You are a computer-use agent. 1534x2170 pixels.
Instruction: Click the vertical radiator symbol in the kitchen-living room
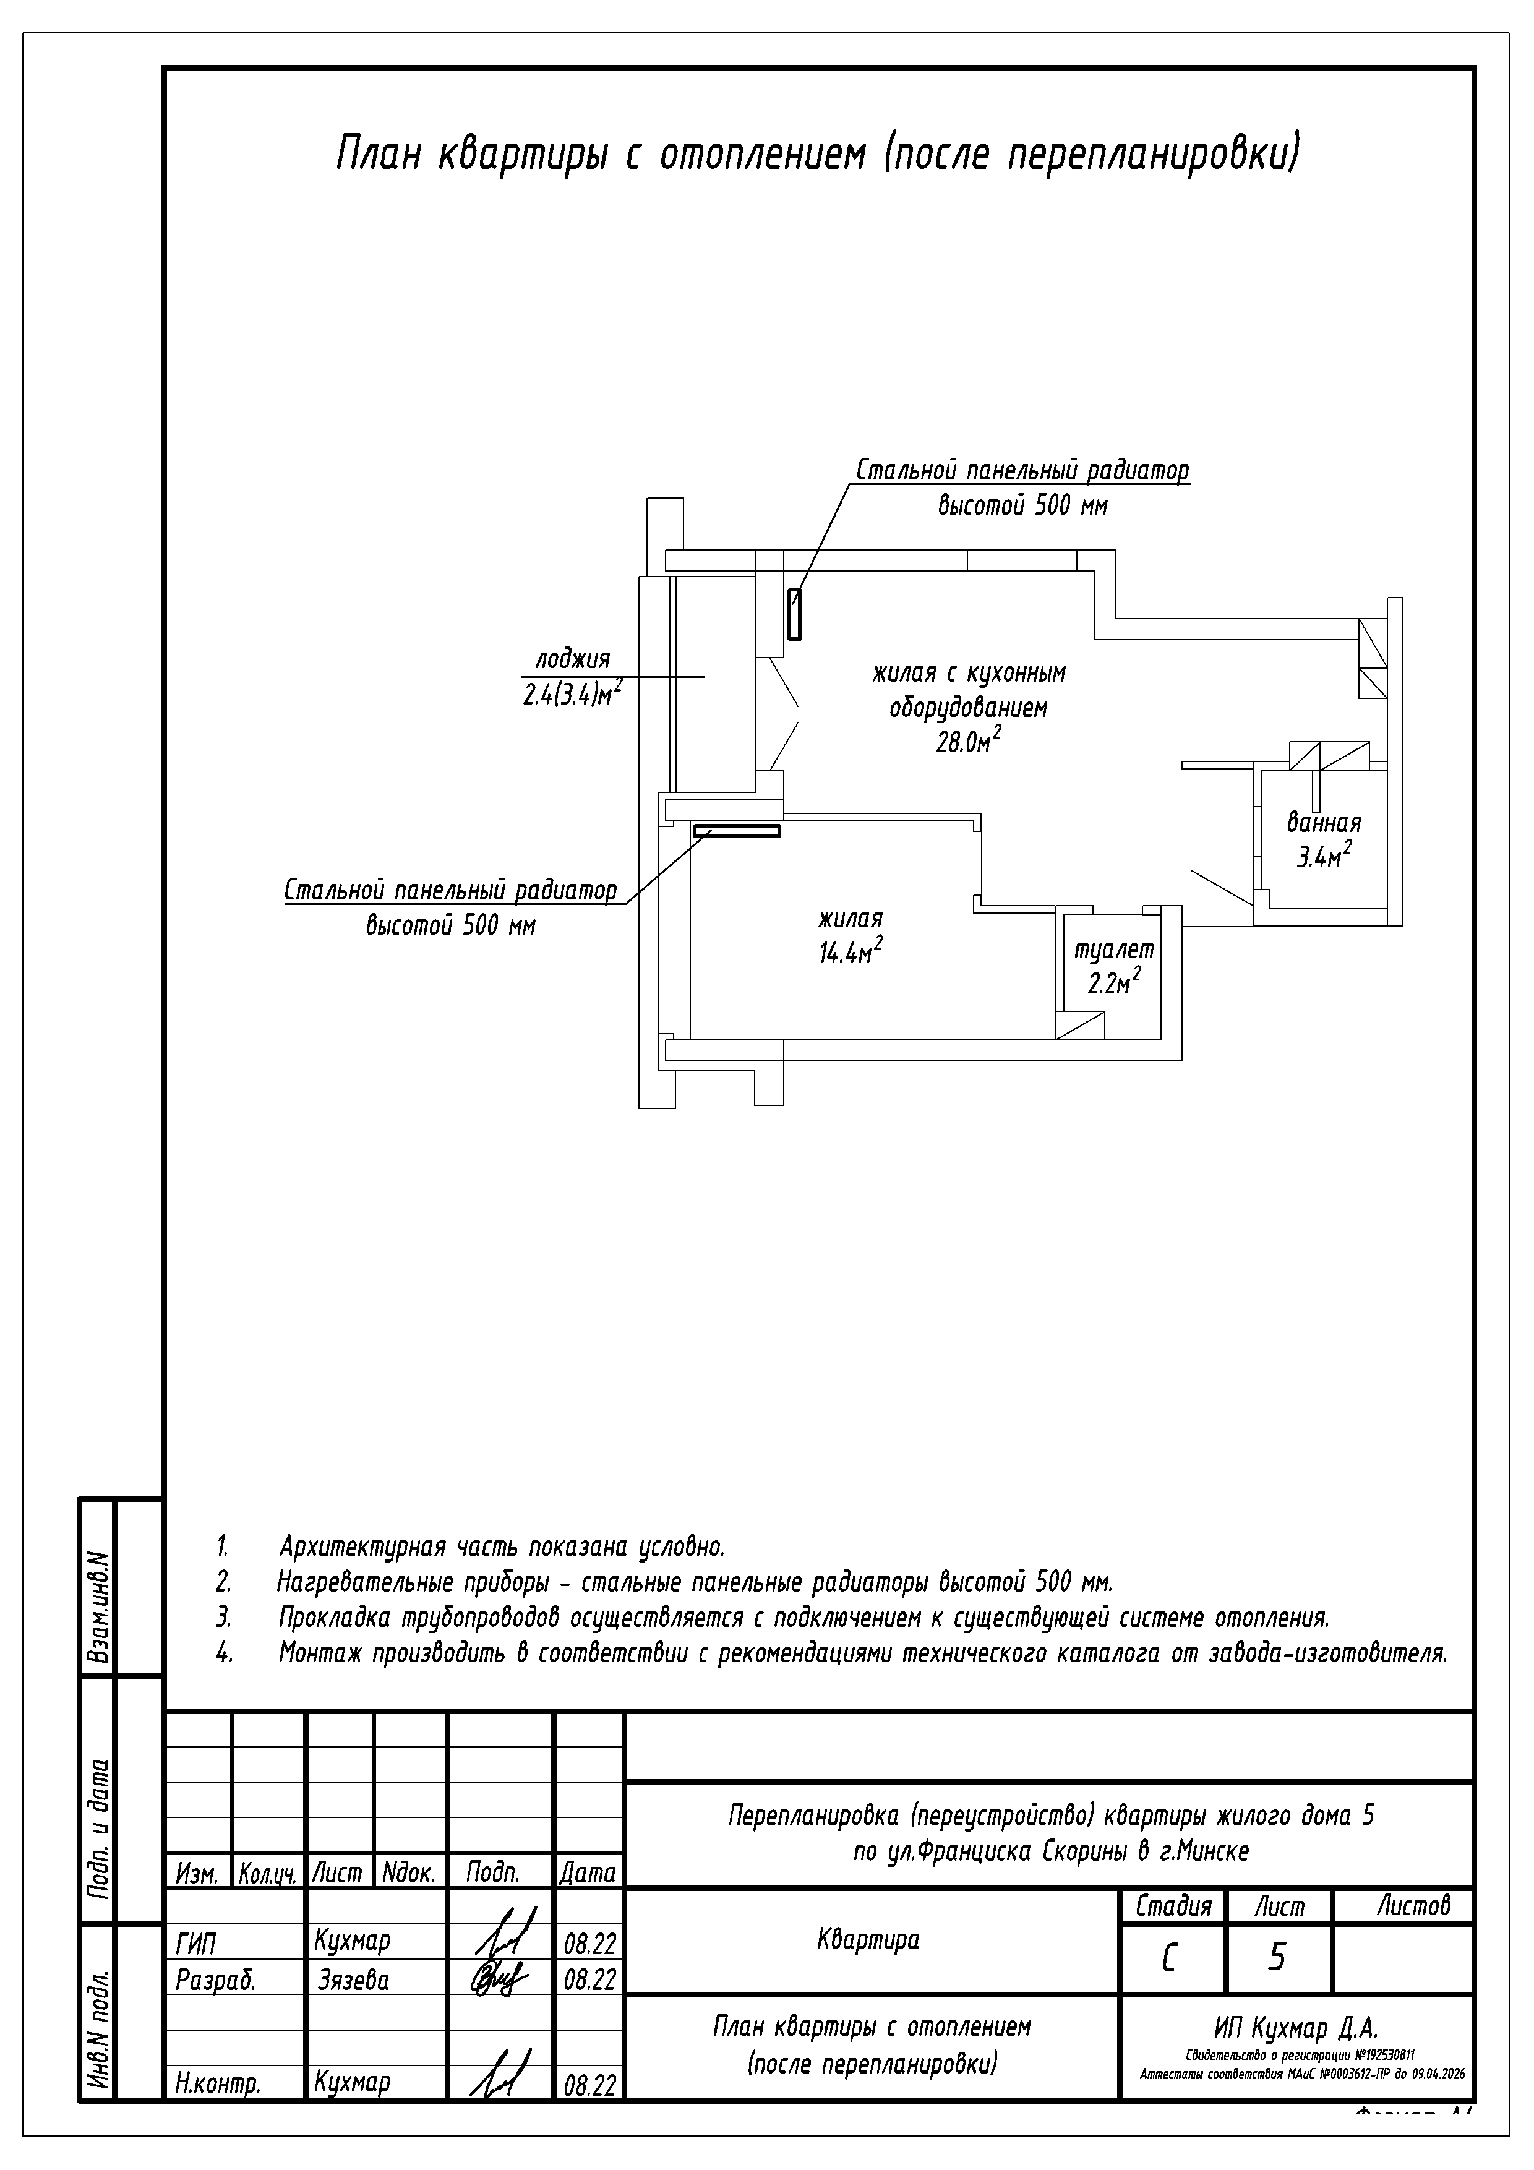795,614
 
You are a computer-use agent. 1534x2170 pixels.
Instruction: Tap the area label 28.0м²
968,743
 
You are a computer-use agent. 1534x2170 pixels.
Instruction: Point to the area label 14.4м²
851,953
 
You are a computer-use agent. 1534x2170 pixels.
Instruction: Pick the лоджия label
573,659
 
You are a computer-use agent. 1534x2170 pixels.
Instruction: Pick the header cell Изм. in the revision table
197,1872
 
